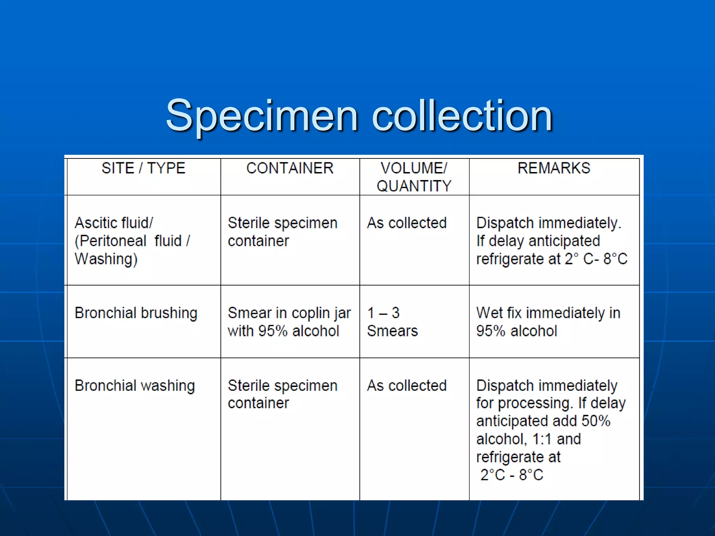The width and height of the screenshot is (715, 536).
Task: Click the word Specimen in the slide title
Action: pyautogui.click(x=262, y=116)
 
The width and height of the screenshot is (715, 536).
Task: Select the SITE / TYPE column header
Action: pyautogui.click(x=143, y=168)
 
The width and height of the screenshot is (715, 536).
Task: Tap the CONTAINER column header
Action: pyautogui.click(x=290, y=168)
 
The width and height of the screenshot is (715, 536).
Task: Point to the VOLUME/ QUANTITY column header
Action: pyautogui.click(x=414, y=177)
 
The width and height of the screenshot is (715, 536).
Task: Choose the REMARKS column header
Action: pyautogui.click(x=554, y=168)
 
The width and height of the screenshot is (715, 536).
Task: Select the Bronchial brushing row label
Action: pyautogui.click(x=136, y=313)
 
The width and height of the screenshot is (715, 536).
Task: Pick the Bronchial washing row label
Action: pyautogui.click(x=135, y=386)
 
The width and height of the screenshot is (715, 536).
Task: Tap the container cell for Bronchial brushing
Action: pyautogui.click(x=289, y=322)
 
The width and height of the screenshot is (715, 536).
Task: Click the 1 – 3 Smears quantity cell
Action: pyautogui.click(x=392, y=322)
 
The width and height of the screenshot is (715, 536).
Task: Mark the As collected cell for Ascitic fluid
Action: pyautogui.click(x=407, y=223)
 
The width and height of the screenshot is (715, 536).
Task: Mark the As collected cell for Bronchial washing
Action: pyautogui.click(x=407, y=386)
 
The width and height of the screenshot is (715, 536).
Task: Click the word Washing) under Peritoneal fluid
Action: pyautogui.click(x=106, y=259)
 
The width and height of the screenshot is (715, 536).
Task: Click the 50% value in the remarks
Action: pyautogui.click(x=596, y=421)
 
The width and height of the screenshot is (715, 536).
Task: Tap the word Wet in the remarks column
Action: pyautogui.click(x=489, y=313)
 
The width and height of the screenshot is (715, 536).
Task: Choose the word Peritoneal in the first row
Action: pyautogui.click(x=111, y=241)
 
